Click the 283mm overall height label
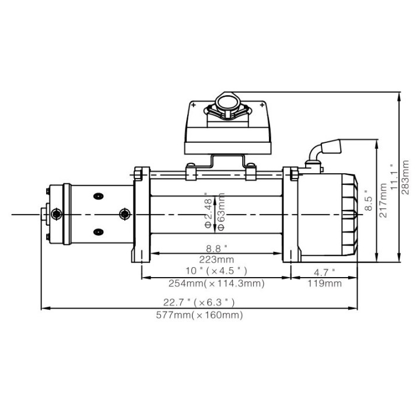(405, 177)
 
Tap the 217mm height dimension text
(383, 201)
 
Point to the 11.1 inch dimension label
(394, 177)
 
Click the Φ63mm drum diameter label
(221, 212)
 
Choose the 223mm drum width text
(216, 260)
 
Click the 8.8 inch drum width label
(216, 249)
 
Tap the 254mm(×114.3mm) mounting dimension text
(216, 283)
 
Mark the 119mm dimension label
(324, 283)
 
